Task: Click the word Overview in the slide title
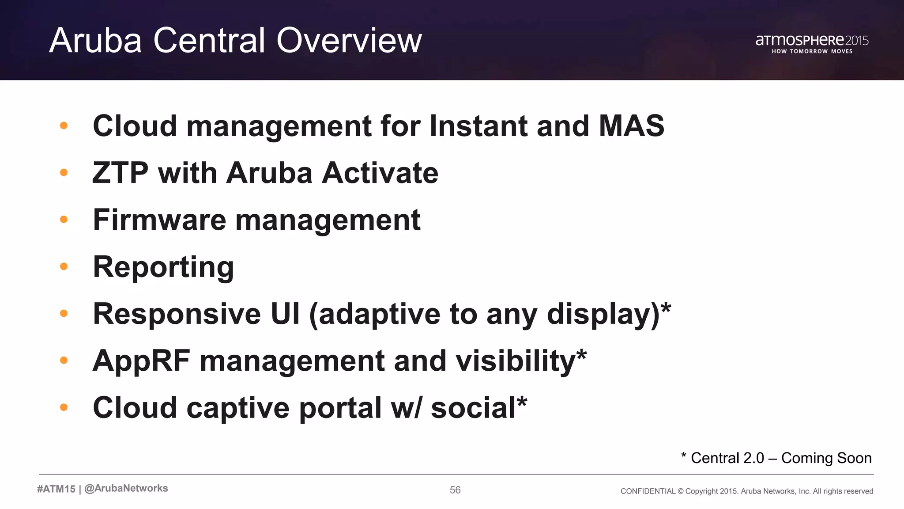tap(349, 41)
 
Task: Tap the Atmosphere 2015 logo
tap(812, 43)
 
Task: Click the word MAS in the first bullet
tap(631, 126)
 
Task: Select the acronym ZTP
tap(120, 173)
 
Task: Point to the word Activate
tap(380, 173)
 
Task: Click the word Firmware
tap(159, 220)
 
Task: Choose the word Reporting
tap(163, 268)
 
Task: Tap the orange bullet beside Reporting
tap(64, 266)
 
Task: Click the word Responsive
tap(177, 315)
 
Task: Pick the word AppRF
tap(141, 361)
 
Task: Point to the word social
tap(473, 408)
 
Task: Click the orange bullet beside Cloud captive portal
tap(64, 407)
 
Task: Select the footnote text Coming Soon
tap(826, 458)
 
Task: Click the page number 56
tap(455, 490)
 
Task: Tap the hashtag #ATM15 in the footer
tap(56, 489)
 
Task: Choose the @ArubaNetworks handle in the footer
tap(126, 489)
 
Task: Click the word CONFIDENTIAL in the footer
tap(648, 491)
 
